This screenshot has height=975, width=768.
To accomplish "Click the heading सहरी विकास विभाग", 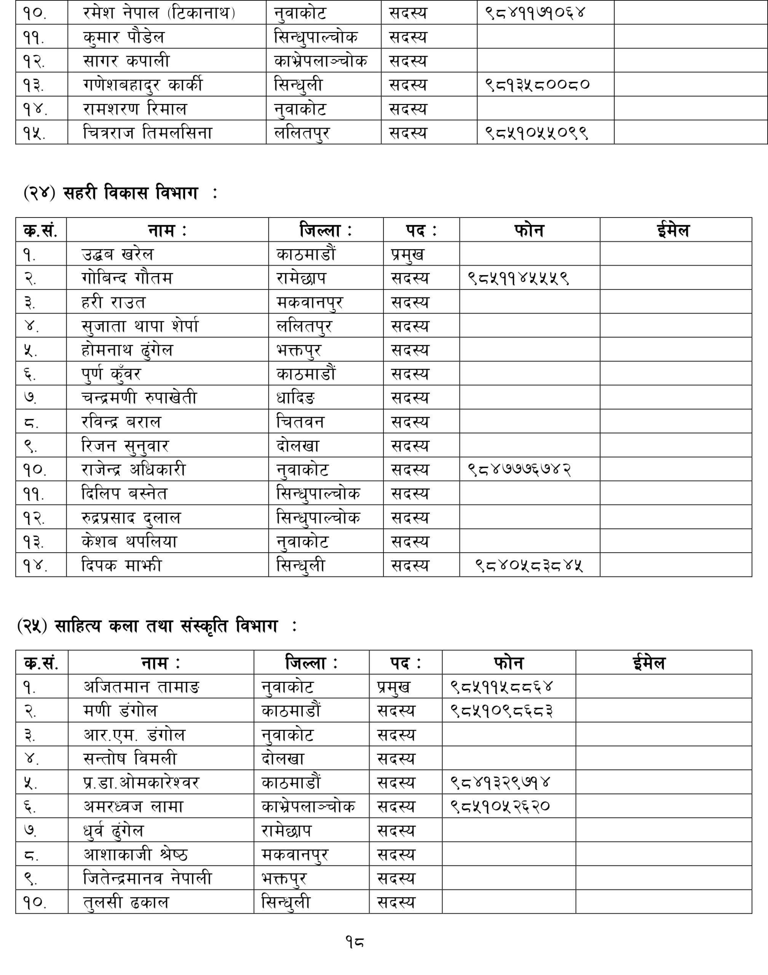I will [x=130, y=193].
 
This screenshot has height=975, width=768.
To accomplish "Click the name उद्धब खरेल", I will [x=117, y=254].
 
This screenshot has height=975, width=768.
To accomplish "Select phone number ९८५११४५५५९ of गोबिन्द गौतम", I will [x=518, y=278].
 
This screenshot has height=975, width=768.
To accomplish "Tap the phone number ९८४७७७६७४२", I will [x=519, y=470].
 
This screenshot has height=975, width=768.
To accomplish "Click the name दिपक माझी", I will [x=121, y=565].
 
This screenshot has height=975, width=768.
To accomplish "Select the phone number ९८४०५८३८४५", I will [x=529, y=565].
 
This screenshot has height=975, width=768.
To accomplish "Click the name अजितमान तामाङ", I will [x=142, y=687].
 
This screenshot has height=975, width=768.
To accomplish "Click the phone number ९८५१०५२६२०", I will [x=500, y=806].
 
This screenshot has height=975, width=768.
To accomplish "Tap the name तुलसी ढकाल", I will [x=126, y=902].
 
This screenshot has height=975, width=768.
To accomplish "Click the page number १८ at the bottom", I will [x=354, y=941].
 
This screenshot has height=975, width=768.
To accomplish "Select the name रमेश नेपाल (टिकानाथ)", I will [x=159, y=13].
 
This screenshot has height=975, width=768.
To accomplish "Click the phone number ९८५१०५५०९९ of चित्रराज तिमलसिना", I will [x=536, y=133].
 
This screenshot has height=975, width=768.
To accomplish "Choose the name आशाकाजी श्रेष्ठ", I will [x=135, y=854].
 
